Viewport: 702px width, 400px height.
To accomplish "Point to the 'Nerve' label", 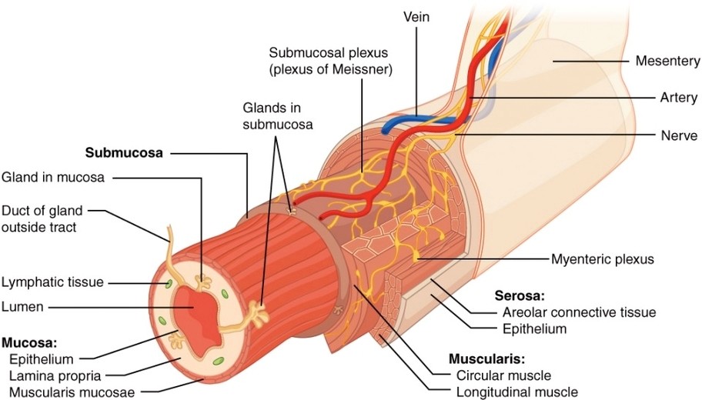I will (x=677, y=134).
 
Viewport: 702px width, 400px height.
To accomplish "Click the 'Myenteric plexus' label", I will (x=602, y=259).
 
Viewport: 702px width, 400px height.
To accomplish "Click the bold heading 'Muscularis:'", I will (x=486, y=358).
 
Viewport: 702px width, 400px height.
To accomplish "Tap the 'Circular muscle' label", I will (x=503, y=375).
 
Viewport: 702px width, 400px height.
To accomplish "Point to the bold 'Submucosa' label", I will (x=124, y=152).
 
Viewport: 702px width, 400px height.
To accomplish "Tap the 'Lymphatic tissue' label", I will (x=52, y=282).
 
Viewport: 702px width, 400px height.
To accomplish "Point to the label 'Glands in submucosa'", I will (x=278, y=115).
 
